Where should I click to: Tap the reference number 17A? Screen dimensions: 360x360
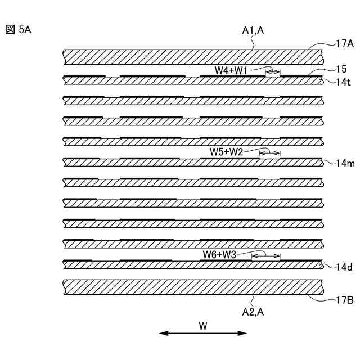pos(344,43)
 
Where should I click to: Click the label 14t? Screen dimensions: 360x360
pos(344,82)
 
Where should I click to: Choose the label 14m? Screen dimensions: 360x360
pos(344,163)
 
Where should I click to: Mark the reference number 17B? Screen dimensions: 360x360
pos(344,300)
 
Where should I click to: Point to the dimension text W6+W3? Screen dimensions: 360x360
pos(220,255)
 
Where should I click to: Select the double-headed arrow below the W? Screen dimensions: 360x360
pos(203,334)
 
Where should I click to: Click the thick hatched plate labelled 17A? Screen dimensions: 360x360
pos(191,56)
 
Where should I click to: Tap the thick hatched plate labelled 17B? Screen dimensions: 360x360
pos(191,286)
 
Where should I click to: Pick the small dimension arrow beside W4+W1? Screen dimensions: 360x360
pos(273,71)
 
